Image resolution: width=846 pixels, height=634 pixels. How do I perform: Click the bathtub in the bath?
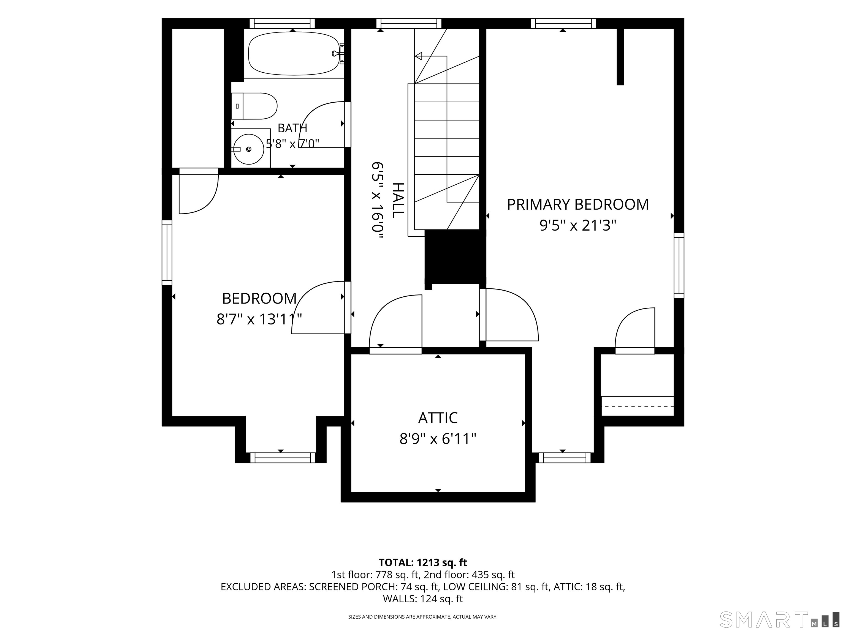tap(294, 53)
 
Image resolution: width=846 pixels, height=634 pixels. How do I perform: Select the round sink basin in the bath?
tap(249, 149)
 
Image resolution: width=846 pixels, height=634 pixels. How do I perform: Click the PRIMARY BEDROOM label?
tap(577, 204)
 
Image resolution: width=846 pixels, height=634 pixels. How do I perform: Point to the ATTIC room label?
tap(438, 418)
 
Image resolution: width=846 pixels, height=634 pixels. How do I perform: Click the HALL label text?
tap(398, 200)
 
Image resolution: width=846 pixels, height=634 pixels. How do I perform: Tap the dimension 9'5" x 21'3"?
tap(577, 225)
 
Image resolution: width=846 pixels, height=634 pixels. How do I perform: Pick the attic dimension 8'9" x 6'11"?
tap(438, 439)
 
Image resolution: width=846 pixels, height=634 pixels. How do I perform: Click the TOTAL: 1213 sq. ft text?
tap(423, 562)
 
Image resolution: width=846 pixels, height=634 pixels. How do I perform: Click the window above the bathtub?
tap(282, 23)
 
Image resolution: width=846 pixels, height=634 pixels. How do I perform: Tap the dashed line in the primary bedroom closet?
tap(637, 406)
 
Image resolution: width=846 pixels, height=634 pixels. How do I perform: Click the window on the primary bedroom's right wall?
tap(679, 265)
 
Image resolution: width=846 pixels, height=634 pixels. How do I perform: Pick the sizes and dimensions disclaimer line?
tap(423, 617)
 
